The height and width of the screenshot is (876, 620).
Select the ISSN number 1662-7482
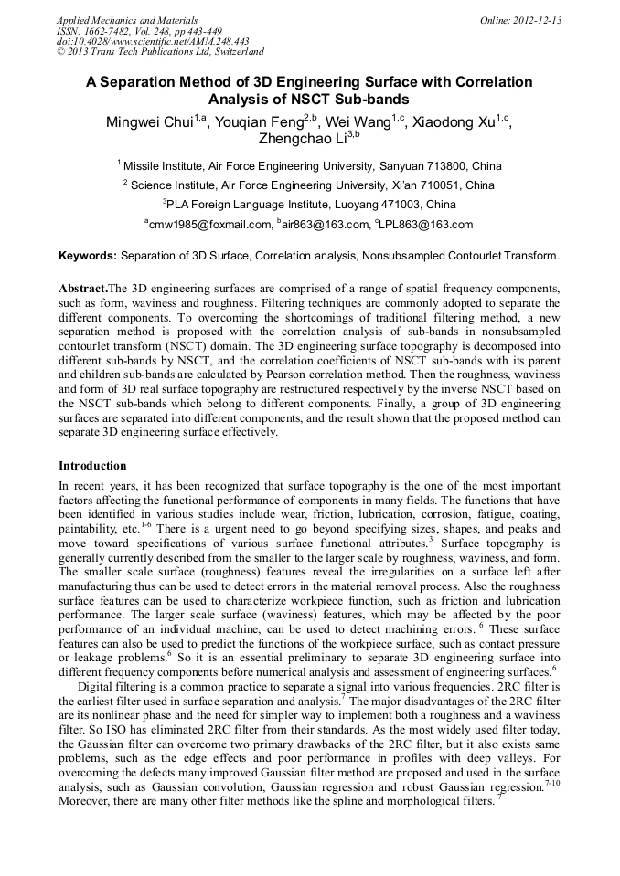click(x=118, y=31)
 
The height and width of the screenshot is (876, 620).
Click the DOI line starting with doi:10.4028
click(x=153, y=41)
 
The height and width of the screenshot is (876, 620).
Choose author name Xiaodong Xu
click(x=453, y=122)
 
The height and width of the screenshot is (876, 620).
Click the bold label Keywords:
click(x=88, y=256)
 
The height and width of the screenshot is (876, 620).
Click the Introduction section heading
click(x=92, y=465)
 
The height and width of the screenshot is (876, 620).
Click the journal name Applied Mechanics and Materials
click(x=126, y=20)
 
